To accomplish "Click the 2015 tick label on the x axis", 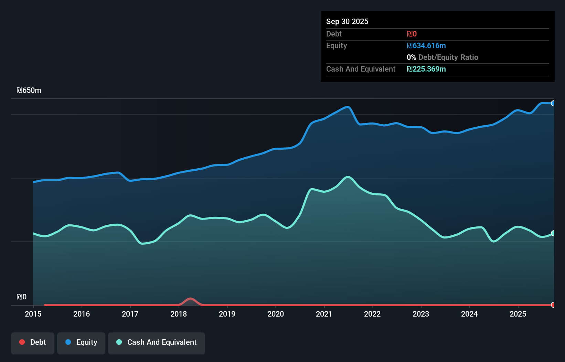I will click(x=33, y=314).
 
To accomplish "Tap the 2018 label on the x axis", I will click(x=179, y=314).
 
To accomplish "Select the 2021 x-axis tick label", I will click(x=324, y=314).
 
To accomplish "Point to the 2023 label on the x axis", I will click(x=421, y=314).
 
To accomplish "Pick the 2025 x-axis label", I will click(x=518, y=314).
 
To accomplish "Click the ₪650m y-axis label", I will click(x=29, y=90).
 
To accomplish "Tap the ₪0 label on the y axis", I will click(x=21, y=297).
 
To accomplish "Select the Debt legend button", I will click(x=33, y=342).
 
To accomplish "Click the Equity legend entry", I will click(x=81, y=342).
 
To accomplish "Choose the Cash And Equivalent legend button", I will click(x=157, y=342).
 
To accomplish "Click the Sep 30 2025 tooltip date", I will click(x=347, y=22).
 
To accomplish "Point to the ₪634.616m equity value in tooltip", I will click(x=426, y=46).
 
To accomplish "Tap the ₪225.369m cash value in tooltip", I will click(x=426, y=69).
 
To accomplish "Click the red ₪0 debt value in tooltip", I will click(x=412, y=34).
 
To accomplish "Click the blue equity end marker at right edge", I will click(x=553, y=103).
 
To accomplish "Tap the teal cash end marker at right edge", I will click(x=553, y=233).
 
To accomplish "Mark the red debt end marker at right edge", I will click(x=553, y=305).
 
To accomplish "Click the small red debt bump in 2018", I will click(x=190, y=299).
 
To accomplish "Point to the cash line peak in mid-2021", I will click(x=348, y=177).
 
